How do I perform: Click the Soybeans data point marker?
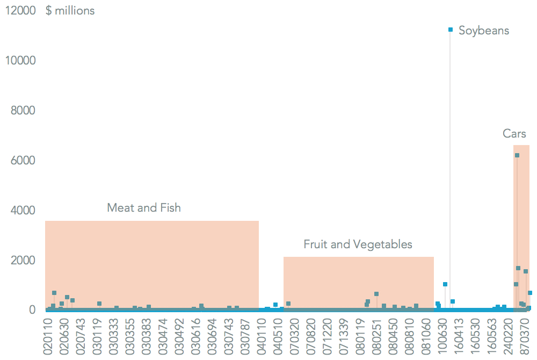451,30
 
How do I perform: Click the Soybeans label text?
484,30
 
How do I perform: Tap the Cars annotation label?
514,134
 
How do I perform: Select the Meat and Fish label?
144,207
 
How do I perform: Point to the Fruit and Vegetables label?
358,244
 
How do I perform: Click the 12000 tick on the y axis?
20,11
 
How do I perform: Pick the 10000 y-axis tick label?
20,61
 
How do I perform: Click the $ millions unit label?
70,11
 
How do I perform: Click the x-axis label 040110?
263,336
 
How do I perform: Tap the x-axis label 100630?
443,336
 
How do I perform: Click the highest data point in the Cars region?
517,155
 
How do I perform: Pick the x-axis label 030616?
197,336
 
